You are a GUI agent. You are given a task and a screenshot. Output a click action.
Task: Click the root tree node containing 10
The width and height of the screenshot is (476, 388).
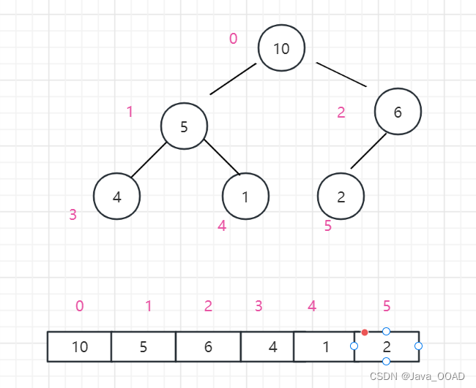(281, 48)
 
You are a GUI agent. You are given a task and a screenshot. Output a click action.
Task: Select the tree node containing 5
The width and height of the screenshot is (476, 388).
(184, 126)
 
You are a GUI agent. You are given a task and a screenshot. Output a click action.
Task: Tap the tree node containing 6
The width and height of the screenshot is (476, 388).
(398, 112)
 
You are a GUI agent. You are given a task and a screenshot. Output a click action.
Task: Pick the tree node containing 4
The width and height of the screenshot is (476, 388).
(116, 197)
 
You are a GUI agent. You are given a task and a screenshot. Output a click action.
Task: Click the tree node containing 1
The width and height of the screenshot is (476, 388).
(245, 197)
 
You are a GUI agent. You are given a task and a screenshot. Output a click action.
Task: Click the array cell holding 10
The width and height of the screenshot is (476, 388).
(79, 346)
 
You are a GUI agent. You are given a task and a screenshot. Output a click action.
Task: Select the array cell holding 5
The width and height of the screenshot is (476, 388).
(144, 346)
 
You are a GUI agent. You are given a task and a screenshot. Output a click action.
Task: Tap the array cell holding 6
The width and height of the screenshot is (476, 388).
(208, 346)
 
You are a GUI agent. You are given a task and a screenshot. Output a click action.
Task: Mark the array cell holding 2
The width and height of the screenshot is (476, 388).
(387, 346)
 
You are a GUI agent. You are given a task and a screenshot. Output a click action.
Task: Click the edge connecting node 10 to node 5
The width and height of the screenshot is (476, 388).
(233, 79)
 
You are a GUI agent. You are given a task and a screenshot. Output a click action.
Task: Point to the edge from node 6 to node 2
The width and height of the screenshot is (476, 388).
(368, 151)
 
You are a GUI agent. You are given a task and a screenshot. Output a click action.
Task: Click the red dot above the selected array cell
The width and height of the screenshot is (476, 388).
(365, 332)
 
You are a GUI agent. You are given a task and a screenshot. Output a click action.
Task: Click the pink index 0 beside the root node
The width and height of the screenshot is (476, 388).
(233, 39)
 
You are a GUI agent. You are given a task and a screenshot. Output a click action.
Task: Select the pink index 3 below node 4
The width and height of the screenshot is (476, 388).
(72, 215)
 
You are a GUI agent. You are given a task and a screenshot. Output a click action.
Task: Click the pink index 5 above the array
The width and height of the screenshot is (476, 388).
(387, 306)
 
